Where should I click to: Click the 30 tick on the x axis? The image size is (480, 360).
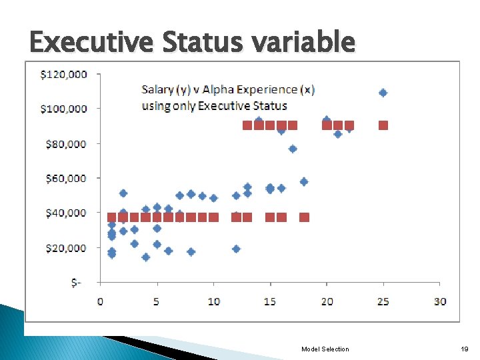pyautogui.click(x=439, y=301)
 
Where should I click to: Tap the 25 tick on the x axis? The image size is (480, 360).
pyautogui.click(x=383, y=301)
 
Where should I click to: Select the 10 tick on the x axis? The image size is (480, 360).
pyautogui.click(x=213, y=301)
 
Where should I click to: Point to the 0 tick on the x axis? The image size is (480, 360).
pyautogui.click(x=100, y=301)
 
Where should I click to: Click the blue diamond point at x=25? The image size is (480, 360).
pyautogui.click(x=383, y=93)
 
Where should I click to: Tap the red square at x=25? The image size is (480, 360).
pyautogui.click(x=383, y=125)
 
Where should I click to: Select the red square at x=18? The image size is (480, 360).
pyautogui.click(x=304, y=217)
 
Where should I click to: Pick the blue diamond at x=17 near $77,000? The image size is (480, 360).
pyautogui.click(x=293, y=149)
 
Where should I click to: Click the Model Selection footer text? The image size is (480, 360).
pyautogui.click(x=325, y=349)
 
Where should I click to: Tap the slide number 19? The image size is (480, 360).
pyautogui.click(x=464, y=349)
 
